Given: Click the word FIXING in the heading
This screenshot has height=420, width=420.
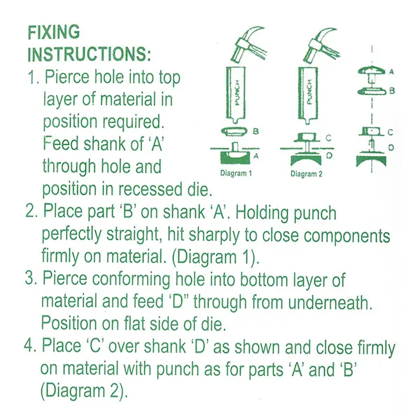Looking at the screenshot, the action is (54, 32).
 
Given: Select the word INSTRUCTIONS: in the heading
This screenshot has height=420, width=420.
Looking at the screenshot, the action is (89, 54).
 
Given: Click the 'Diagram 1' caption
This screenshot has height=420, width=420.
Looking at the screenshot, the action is (236, 174).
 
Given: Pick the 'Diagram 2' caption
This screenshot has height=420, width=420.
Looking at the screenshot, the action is (307, 174).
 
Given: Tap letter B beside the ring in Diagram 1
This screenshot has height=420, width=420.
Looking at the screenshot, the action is (255, 132).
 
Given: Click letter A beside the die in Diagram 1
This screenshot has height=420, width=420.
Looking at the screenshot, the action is (256, 155).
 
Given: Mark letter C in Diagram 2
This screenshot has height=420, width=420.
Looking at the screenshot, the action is (329, 138).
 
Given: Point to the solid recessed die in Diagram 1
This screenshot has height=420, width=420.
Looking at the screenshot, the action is (235, 157).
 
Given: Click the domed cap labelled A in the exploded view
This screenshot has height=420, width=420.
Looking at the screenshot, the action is (371, 71).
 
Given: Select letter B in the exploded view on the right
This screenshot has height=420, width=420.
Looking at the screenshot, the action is (392, 91).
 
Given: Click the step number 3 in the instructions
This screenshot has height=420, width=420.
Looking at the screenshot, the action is (29, 278).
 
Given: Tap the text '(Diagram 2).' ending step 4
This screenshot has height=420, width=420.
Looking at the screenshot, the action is (84, 391).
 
